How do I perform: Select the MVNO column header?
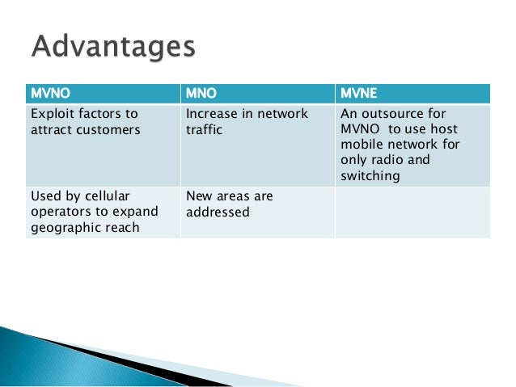click(x=48, y=93)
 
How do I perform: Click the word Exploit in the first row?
click(x=50, y=114)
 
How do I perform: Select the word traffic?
click(x=205, y=129)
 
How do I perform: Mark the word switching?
click(x=372, y=175)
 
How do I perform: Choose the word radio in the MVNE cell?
click(x=389, y=160)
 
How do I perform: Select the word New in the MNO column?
click(x=199, y=196)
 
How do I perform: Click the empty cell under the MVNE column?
click(x=412, y=212)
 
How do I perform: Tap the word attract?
click(x=47, y=129)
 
